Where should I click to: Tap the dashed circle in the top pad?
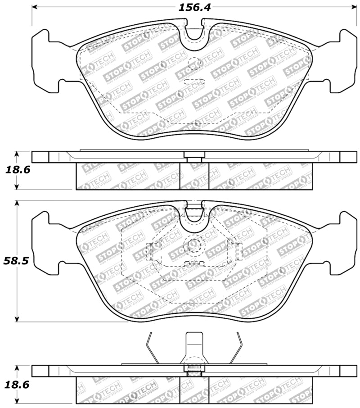coord(194,64)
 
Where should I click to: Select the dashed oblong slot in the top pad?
coord(194,82)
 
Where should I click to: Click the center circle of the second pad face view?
coord(194,245)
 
